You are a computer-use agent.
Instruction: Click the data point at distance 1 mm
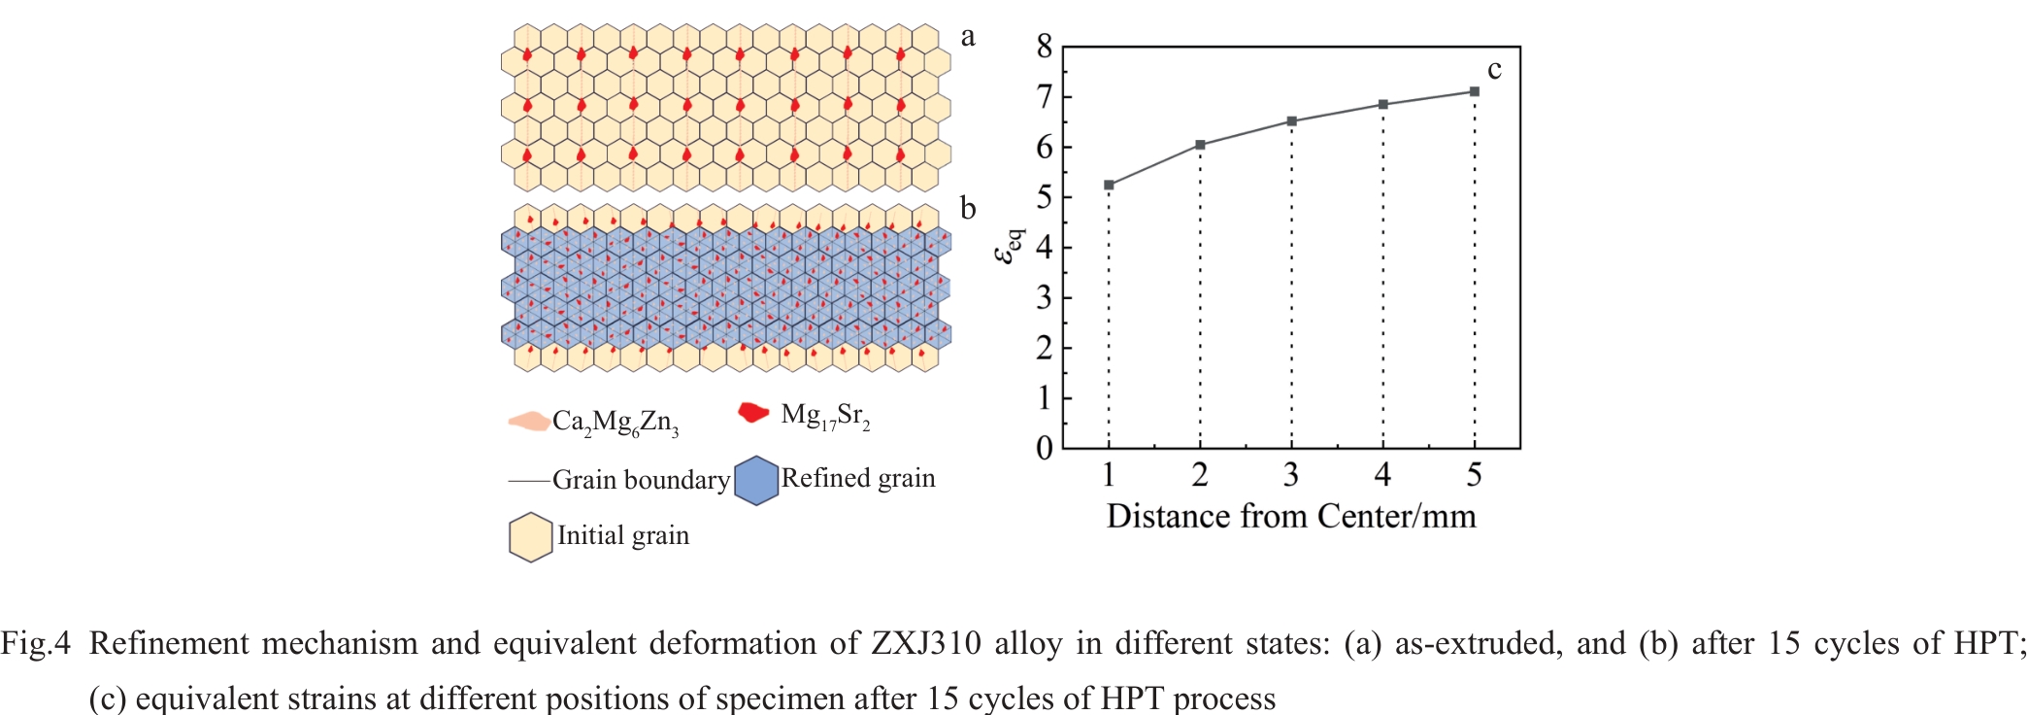coord(1109,185)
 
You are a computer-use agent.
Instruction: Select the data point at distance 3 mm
coord(1291,121)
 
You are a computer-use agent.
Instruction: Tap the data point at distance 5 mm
coord(1474,91)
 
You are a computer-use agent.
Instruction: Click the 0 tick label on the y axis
coord(1045,449)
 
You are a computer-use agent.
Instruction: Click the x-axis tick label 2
coord(1200,475)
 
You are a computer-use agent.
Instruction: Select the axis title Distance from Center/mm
coord(1291,516)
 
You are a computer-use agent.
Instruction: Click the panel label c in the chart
coord(1494,70)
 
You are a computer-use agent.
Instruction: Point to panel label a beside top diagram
coord(967,37)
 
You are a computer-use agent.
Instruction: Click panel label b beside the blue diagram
coord(967,209)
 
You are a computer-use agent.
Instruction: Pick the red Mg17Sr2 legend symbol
coord(753,413)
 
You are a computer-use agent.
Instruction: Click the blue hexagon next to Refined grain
coord(756,481)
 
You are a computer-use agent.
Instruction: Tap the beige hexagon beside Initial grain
coord(531,537)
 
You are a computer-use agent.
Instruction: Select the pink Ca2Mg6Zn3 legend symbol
coord(528,422)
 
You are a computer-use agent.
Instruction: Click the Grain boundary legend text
coord(641,480)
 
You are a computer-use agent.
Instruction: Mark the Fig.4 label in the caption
coord(36,643)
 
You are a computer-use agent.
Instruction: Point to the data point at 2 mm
coord(1200,145)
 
